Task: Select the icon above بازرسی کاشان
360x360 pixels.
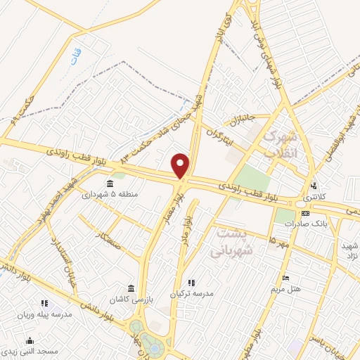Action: coord(131,288)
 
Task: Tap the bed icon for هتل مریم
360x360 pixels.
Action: coord(285,278)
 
